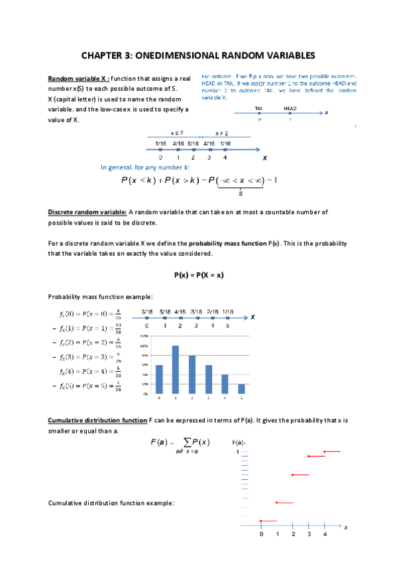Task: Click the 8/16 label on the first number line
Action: [193, 143]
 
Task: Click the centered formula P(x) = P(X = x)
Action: [198, 274]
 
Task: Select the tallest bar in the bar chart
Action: [176, 369]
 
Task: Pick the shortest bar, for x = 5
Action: [241, 388]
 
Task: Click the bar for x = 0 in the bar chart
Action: [159, 379]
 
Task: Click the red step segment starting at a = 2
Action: [300, 475]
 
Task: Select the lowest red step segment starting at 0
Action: [268, 521]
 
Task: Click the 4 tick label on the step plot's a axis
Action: [324, 534]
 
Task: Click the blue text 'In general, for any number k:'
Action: [144, 168]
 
